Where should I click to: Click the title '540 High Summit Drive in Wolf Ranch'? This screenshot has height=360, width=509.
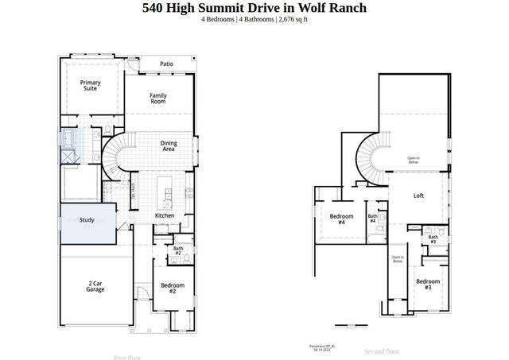click(254, 9)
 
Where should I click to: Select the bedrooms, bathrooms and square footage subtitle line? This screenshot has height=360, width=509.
click(254, 21)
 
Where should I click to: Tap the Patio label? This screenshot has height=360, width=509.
click(166, 64)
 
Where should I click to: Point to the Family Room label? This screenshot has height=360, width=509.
click(158, 99)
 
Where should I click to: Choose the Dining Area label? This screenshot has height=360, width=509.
click(168, 145)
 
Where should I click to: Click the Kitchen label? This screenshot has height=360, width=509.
click(165, 215)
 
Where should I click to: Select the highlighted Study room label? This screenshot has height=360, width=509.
click(87, 220)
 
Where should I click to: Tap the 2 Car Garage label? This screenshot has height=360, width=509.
click(95, 286)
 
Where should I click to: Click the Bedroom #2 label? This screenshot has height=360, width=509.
click(173, 288)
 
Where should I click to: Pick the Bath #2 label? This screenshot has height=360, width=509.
click(178, 251)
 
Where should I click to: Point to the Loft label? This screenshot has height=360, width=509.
click(418, 196)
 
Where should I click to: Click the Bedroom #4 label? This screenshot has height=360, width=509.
click(341, 219)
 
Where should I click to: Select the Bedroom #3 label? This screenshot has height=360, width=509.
click(428, 284)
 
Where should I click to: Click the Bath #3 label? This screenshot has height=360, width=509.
click(433, 238)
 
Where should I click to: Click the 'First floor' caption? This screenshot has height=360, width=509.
click(130, 358)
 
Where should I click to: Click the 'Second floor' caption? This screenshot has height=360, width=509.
click(382, 350)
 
